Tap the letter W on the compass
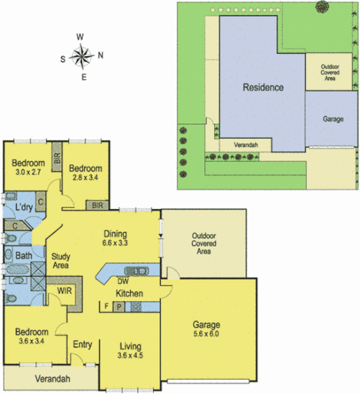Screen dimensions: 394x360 click(x=81, y=37)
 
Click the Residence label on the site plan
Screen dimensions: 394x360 click(x=262, y=88)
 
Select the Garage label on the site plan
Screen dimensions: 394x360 click(x=332, y=119)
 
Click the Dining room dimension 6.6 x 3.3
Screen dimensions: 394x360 click(x=115, y=244)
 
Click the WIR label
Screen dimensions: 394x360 click(x=63, y=291)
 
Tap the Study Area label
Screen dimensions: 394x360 click(x=60, y=260)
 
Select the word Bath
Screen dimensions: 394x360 click(x=23, y=255)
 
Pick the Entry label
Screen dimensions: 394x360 click(x=82, y=344)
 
